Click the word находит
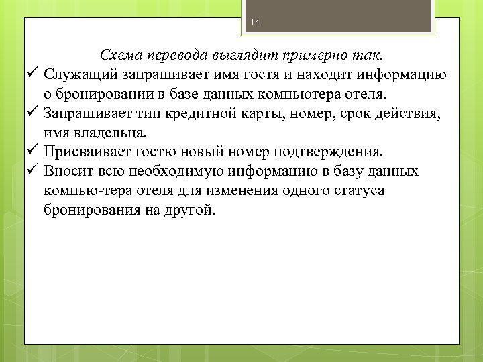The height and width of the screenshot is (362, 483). coord(329,73)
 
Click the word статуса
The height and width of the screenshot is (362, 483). coord(352,190)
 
